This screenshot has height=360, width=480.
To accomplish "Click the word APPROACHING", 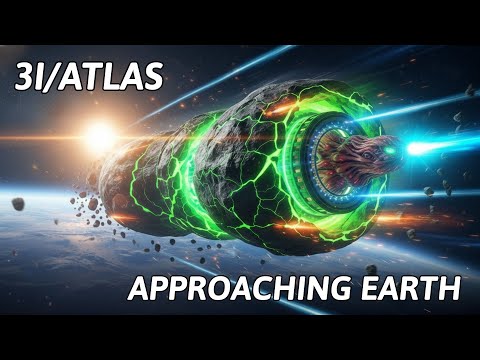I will point(237,291).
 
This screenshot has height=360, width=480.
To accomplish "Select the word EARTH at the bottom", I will point(409,291).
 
